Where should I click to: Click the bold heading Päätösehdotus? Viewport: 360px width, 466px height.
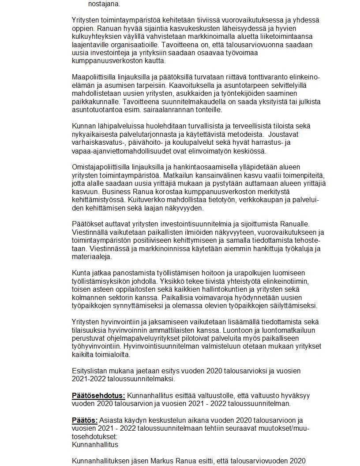(98, 396)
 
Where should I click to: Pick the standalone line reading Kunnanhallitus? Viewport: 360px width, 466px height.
(95, 444)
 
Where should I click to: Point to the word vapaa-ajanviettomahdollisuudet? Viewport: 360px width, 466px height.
(119, 151)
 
